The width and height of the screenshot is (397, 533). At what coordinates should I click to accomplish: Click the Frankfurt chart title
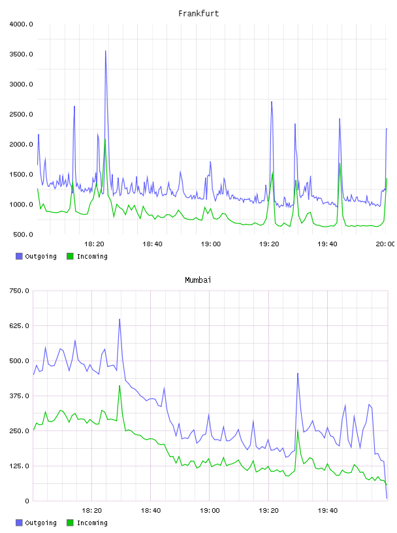pyautogui.click(x=198, y=14)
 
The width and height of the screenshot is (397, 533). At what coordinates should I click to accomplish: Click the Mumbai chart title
pyautogui.click(x=198, y=280)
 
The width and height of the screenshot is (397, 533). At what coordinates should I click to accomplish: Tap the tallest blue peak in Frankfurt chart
pyautogui.click(x=106, y=51)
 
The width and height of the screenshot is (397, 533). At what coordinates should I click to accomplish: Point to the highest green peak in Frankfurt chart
pyautogui.click(x=105, y=139)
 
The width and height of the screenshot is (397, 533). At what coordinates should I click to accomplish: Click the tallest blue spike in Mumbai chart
pyautogui.click(x=119, y=319)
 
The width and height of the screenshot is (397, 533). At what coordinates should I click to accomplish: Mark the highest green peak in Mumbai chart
pyautogui.click(x=119, y=386)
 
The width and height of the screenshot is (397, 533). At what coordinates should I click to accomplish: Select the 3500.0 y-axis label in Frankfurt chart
pyautogui.click(x=21, y=54)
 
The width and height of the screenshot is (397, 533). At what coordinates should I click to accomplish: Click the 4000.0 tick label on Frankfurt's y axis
pyautogui.click(x=21, y=24)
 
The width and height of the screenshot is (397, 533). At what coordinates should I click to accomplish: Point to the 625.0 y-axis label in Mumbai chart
pyautogui.click(x=20, y=326)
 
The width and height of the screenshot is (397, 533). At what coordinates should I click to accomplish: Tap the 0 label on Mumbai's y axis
pyautogui.click(x=27, y=501)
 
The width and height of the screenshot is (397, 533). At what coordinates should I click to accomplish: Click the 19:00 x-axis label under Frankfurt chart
pyautogui.click(x=211, y=244)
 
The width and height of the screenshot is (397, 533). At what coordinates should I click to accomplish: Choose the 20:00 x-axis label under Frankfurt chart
pyautogui.click(x=385, y=244)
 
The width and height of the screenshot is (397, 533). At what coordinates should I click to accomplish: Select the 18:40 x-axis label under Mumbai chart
pyautogui.click(x=151, y=511)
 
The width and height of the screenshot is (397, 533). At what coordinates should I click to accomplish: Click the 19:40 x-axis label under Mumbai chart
pyautogui.click(x=328, y=511)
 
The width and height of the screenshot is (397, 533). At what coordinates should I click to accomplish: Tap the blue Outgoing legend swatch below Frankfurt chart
pyautogui.click(x=19, y=256)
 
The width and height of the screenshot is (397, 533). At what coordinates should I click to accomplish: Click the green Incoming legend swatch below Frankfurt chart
pyautogui.click(x=70, y=256)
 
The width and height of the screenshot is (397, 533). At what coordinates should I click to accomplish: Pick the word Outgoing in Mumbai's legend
pyautogui.click(x=40, y=523)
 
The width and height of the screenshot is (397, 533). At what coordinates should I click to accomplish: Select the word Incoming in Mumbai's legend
pyautogui.click(x=92, y=523)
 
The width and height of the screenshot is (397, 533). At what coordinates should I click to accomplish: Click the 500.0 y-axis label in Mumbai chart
pyautogui.click(x=20, y=361)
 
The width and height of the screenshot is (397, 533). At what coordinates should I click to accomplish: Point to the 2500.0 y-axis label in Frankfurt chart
pyautogui.click(x=21, y=114)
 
